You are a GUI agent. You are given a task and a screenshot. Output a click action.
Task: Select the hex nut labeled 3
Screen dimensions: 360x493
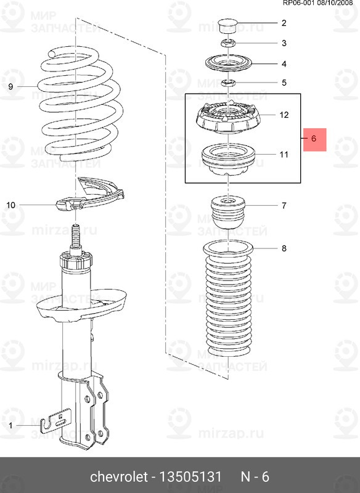(x=229, y=43)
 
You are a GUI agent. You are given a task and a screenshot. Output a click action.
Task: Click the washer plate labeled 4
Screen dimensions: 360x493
(x=229, y=63)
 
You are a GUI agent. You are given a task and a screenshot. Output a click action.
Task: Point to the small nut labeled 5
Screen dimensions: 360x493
(x=229, y=83)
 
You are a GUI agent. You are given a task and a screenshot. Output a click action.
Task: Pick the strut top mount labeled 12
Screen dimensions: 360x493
(x=229, y=118)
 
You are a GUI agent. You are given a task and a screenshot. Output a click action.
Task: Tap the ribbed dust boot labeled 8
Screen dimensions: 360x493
(x=229, y=299)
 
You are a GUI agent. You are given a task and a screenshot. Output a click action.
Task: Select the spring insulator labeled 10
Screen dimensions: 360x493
(x=89, y=195)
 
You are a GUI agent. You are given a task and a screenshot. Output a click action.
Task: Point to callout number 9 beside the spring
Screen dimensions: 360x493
(x=10, y=86)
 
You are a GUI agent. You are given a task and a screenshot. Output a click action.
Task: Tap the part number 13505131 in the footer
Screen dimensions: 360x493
(x=191, y=476)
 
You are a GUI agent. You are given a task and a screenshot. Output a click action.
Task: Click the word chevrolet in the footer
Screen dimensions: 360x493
(x=118, y=476)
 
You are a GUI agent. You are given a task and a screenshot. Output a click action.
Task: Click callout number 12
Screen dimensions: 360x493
(x=284, y=115)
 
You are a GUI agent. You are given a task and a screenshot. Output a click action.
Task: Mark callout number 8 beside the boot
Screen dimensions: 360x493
(x=284, y=248)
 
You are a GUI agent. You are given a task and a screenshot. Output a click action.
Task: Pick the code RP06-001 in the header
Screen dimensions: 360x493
(x=298, y=3)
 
